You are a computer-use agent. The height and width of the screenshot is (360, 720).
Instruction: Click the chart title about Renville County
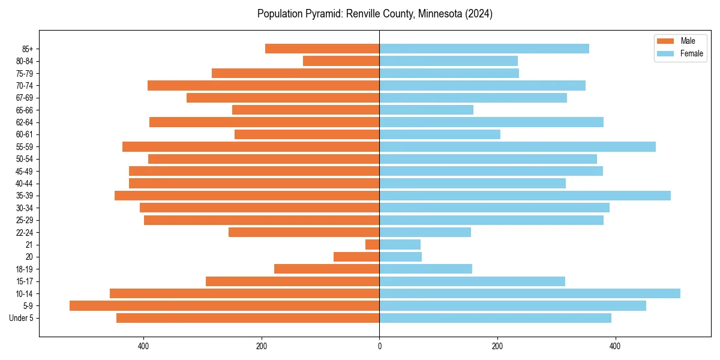click(x=374, y=14)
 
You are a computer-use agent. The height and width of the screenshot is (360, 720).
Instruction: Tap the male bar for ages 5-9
click(x=224, y=305)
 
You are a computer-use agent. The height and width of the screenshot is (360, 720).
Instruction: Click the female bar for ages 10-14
click(x=529, y=293)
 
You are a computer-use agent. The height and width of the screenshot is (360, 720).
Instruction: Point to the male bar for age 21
click(x=373, y=244)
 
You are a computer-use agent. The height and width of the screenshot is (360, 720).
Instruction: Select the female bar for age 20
click(x=400, y=257)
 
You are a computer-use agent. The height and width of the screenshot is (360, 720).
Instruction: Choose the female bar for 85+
click(x=484, y=49)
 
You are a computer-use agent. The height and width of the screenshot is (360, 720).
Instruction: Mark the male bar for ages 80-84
click(x=341, y=61)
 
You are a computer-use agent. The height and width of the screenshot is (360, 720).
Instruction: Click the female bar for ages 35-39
click(x=524, y=196)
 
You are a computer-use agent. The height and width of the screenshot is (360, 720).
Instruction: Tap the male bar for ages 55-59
click(x=251, y=146)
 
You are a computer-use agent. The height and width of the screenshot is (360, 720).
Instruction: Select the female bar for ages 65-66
click(x=426, y=110)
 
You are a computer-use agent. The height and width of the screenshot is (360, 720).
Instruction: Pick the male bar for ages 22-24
click(x=304, y=232)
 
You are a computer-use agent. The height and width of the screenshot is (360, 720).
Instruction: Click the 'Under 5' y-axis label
click(x=21, y=318)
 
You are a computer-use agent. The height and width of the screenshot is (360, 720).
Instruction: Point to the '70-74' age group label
click(x=25, y=85)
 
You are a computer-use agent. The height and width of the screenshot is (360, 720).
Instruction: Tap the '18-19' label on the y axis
click(x=25, y=269)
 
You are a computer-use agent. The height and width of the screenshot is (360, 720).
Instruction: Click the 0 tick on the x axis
click(x=379, y=346)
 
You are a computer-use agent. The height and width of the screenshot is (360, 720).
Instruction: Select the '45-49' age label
click(x=25, y=171)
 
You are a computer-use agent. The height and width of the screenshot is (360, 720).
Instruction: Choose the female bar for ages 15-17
click(x=472, y=281)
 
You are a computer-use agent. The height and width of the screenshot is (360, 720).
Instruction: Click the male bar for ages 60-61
click(x=307, y=134)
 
